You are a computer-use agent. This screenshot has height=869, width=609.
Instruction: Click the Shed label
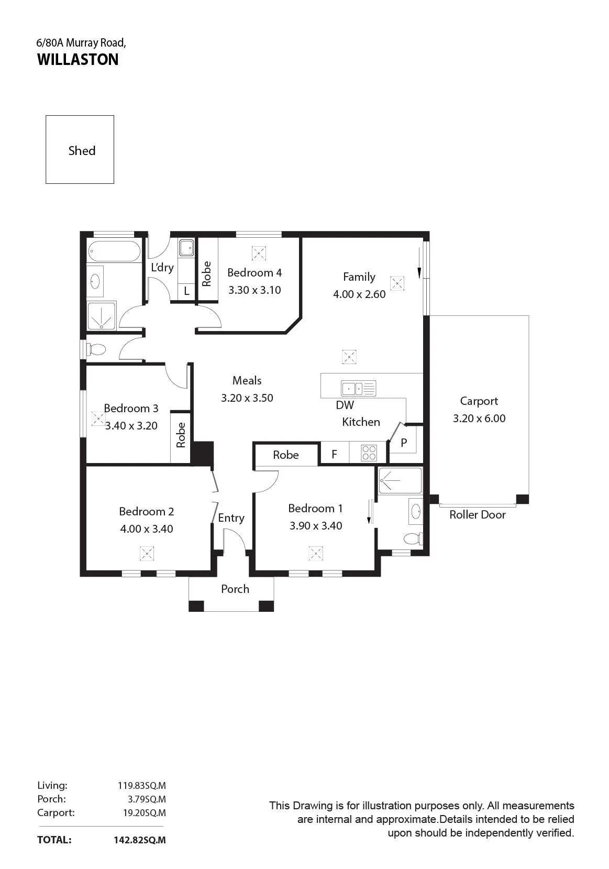[82, 150]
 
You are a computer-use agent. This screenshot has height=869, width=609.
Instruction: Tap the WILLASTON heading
[77, 59]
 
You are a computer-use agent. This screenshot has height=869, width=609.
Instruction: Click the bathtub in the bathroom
[113, 251]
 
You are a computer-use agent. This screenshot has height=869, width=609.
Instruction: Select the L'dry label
[162, 267]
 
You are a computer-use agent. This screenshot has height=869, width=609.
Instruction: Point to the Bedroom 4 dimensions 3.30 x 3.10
[254, 290]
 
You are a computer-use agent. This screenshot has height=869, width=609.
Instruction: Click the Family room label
[359, 277]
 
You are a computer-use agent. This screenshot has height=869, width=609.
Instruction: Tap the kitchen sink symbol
[358, 388]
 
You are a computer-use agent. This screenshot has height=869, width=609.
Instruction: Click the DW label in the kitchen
[345, 405]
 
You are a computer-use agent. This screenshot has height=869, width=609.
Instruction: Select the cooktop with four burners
[369, 453]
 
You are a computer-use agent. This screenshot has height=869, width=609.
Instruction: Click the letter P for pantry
[404, 443]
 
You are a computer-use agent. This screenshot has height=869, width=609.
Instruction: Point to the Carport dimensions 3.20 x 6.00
[479, 418]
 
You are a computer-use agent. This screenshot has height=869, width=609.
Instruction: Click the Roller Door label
[478, 514]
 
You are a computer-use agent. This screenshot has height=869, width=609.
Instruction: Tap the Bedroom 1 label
[315, 508]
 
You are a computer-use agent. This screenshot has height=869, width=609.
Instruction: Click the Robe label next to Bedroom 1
[286, 455]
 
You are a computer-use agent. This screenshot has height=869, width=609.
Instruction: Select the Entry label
[231, 518]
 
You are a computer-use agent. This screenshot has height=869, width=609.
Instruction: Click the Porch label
[235, 589]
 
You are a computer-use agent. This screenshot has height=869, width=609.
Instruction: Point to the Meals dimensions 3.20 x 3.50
[247, 398]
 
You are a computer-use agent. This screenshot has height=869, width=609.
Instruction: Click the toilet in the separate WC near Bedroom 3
[96, 349]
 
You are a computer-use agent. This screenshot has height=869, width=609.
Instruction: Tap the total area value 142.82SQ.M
[140, 840]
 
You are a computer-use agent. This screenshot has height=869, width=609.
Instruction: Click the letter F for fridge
[335, 454]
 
